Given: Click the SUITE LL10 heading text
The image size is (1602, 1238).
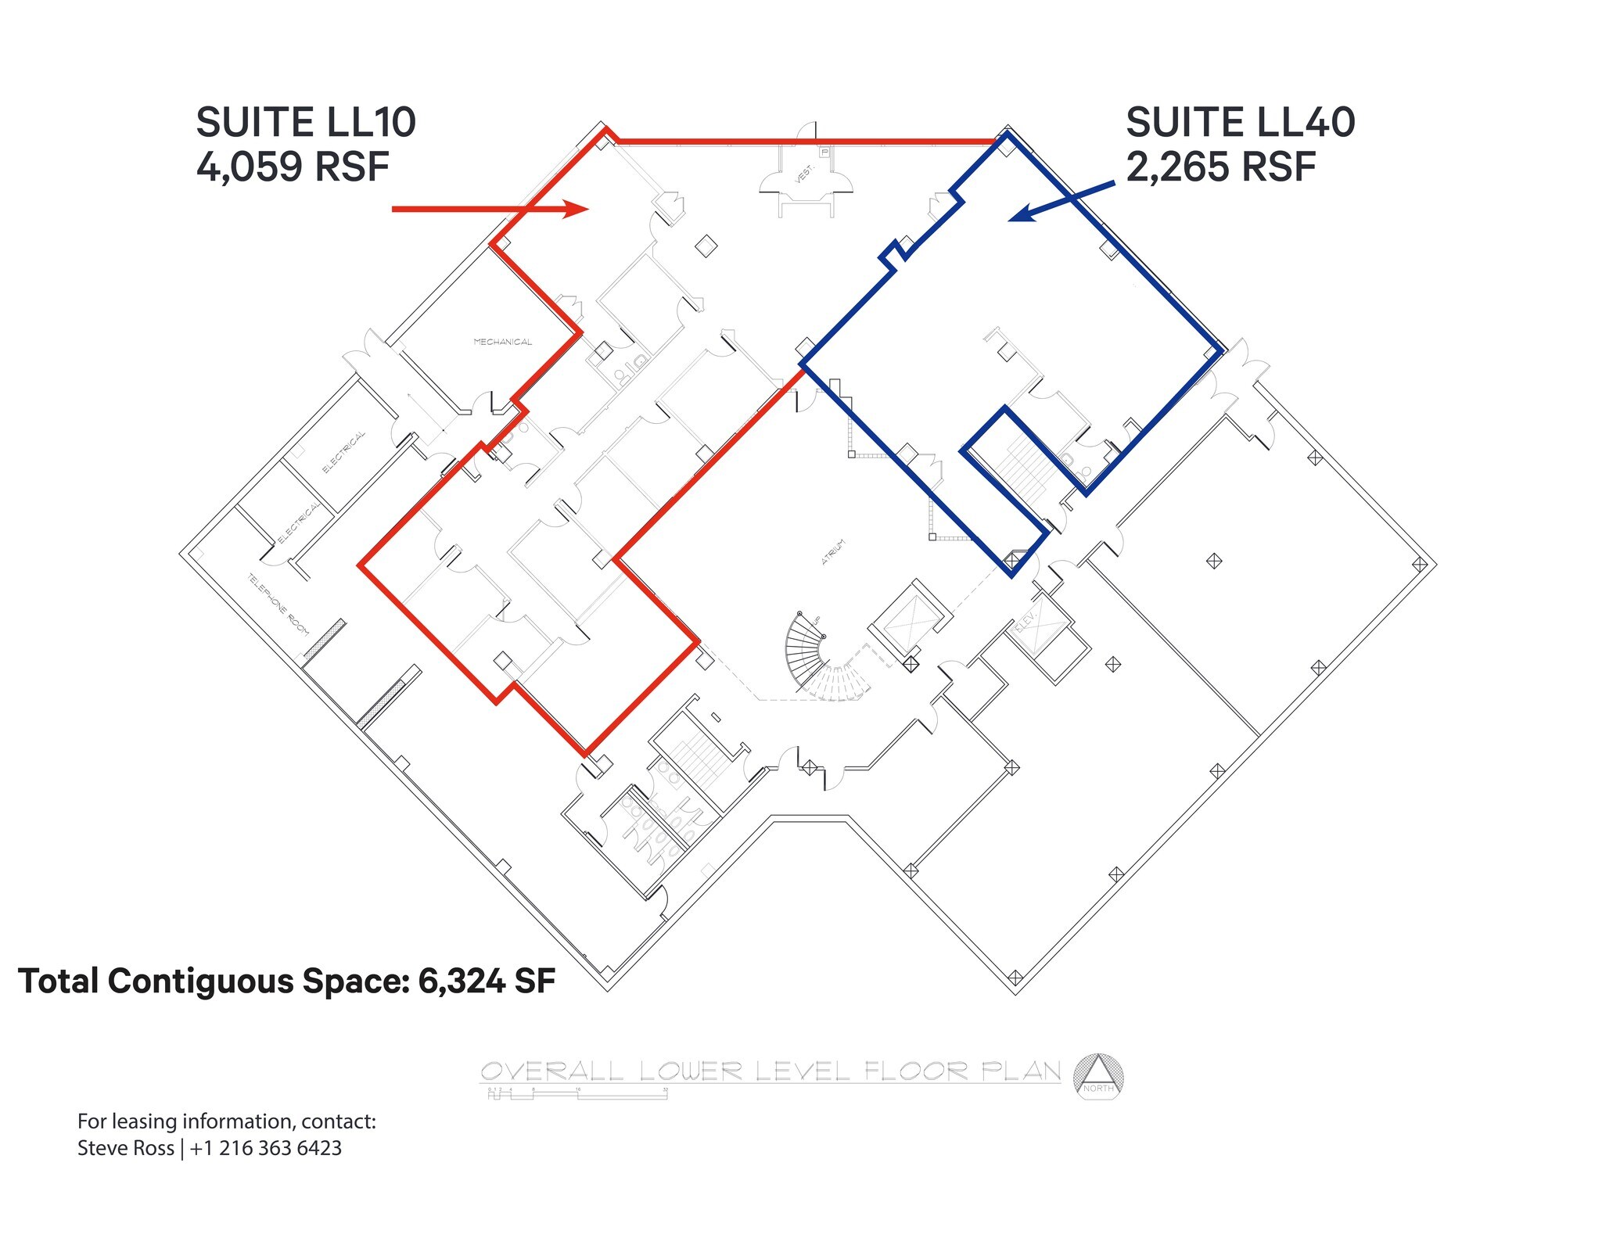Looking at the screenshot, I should click(x=305, y=123).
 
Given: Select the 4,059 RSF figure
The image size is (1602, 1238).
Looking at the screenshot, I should click(x=293, y=167).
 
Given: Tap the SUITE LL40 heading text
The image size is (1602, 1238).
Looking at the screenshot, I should click(x=1240, y=123).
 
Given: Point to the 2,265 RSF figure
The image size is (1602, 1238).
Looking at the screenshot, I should click(x=1220, y=167).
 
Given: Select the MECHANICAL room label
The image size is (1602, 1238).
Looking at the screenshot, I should click(x=502, y=342).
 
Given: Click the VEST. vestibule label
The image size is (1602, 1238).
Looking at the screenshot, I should click(x=804, y=174).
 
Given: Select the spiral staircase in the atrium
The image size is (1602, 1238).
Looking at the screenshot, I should click(x=814, y=653).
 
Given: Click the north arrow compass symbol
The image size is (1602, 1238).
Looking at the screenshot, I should click(x=1098, y=1077).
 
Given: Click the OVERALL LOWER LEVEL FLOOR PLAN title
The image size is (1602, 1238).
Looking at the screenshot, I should click(x=770, y=1071).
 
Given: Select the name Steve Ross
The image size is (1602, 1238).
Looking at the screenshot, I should click(x=125, y=1148).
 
